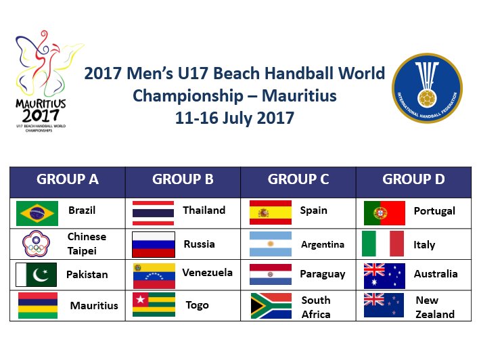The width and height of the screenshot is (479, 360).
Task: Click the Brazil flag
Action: [37, 212]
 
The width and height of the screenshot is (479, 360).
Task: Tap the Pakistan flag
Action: [37, 274]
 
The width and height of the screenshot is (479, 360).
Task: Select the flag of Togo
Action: [154, 305]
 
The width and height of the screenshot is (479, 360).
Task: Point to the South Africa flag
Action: [271, 305]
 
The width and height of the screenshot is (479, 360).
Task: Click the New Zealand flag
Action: [384, 305]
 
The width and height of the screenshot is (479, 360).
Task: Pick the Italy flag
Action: [383, 244]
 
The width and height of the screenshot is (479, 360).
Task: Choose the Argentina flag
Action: [271, 244]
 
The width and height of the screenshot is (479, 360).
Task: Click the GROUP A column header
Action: [68, 179]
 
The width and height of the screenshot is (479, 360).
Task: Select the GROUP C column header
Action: [298, 179]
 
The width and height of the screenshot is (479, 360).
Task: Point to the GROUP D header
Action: [413, 179]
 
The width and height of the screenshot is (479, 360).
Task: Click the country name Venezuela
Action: [208, 272]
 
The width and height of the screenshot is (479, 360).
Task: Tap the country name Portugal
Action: [434, 211]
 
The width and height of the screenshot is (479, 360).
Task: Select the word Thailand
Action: [204, 210]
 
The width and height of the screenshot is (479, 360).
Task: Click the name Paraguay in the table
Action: [323, 274]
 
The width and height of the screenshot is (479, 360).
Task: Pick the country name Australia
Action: [436, 274]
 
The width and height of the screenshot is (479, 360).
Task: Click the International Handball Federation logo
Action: [428, 88]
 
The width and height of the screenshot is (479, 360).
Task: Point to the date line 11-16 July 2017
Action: [235, 118]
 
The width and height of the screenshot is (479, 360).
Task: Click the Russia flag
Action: [154, 244]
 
